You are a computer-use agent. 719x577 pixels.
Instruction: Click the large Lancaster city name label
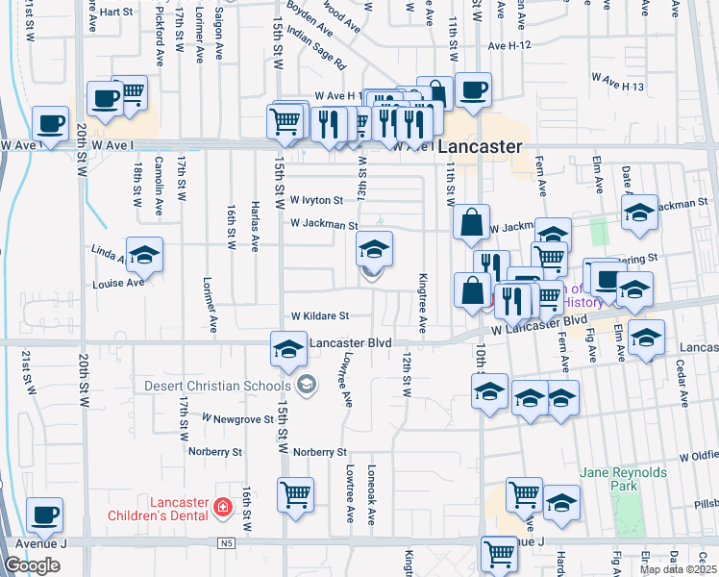coord(480,148)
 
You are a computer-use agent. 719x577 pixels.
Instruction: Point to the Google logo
coord(32,565)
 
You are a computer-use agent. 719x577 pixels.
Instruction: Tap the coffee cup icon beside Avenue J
coord(45,515)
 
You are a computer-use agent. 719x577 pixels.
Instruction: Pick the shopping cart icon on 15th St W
coord(295,495)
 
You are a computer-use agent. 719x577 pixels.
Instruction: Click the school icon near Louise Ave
coord(144,256)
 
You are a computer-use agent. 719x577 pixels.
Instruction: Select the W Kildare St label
coord(319,315)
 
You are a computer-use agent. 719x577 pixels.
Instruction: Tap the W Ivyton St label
coord(316,200)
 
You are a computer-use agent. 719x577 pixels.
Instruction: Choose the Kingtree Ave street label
coord(422,302)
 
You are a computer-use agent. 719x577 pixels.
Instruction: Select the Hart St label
coord(115,12)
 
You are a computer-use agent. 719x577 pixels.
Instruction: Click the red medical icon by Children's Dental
coord(223,505)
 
